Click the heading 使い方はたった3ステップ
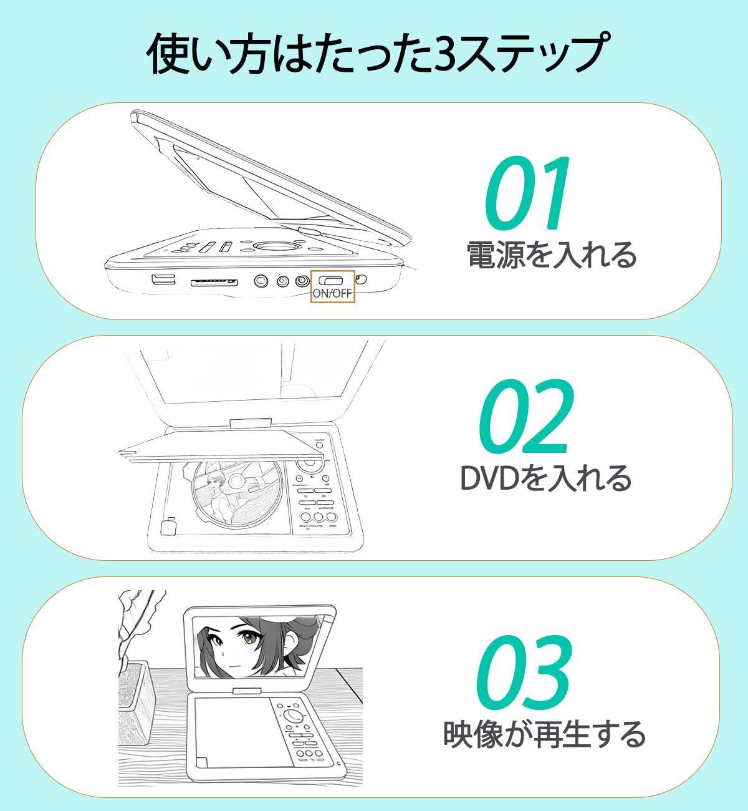[375, 55]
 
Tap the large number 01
[527, 193]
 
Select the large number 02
[527, 417]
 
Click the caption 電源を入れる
[552, 255]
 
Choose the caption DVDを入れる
[545, 478]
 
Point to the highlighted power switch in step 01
[333, 281]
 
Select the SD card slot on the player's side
[214, 283]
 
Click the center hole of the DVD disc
[237, 481]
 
